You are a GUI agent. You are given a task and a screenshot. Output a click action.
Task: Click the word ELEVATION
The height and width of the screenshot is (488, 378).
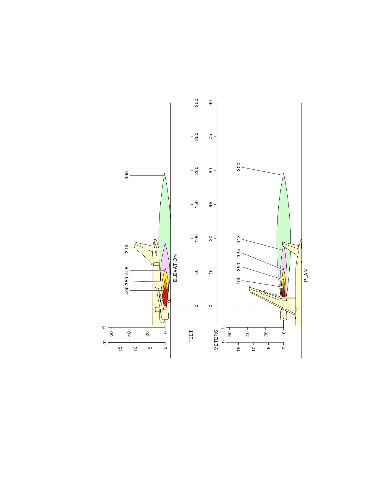click(175, 268)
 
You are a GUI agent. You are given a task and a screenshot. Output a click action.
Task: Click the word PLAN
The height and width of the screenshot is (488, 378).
click(306, 276)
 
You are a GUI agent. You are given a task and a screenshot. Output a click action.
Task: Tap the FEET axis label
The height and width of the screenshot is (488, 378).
click(191, 336)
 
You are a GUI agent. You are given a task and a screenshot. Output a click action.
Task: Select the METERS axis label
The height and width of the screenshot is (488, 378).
click(216, 340)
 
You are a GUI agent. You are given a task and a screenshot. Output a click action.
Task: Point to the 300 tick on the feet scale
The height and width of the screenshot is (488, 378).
click(196, 103)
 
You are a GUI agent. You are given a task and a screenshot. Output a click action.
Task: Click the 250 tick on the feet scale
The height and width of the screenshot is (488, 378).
click(196, 137)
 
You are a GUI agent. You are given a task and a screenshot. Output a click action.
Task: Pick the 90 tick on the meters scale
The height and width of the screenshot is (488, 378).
click(210, 103)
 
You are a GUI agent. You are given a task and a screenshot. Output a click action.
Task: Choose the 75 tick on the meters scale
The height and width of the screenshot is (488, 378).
click(210, 137)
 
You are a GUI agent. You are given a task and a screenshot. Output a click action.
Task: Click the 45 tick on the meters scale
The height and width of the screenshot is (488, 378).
click(210, 204)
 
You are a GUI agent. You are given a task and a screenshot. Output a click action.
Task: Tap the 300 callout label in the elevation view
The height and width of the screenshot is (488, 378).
click(127, 175)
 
